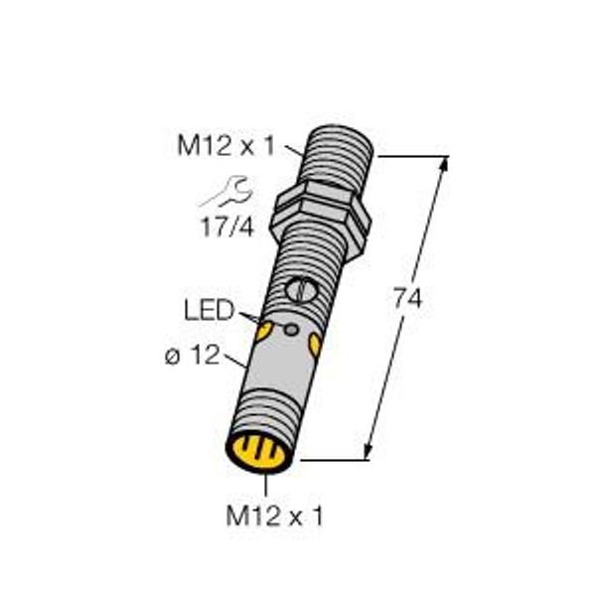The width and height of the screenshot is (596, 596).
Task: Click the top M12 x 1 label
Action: (x=225, y=146)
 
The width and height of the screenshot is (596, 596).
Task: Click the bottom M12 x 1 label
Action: (x=274, y=516)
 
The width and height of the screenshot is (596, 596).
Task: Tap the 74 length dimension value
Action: (x=408, y=298)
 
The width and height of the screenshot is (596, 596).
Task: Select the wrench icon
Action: (x=226, y=191)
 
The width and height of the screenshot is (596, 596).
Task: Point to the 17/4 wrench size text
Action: (x=227, y=227)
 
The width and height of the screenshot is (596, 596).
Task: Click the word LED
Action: (x=209, y=310)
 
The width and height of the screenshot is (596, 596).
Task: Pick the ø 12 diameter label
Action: (x=193, y=355)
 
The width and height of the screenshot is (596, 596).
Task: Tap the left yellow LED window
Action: (x=264, y=331)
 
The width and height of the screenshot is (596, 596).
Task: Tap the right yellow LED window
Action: (x=316, y=345)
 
